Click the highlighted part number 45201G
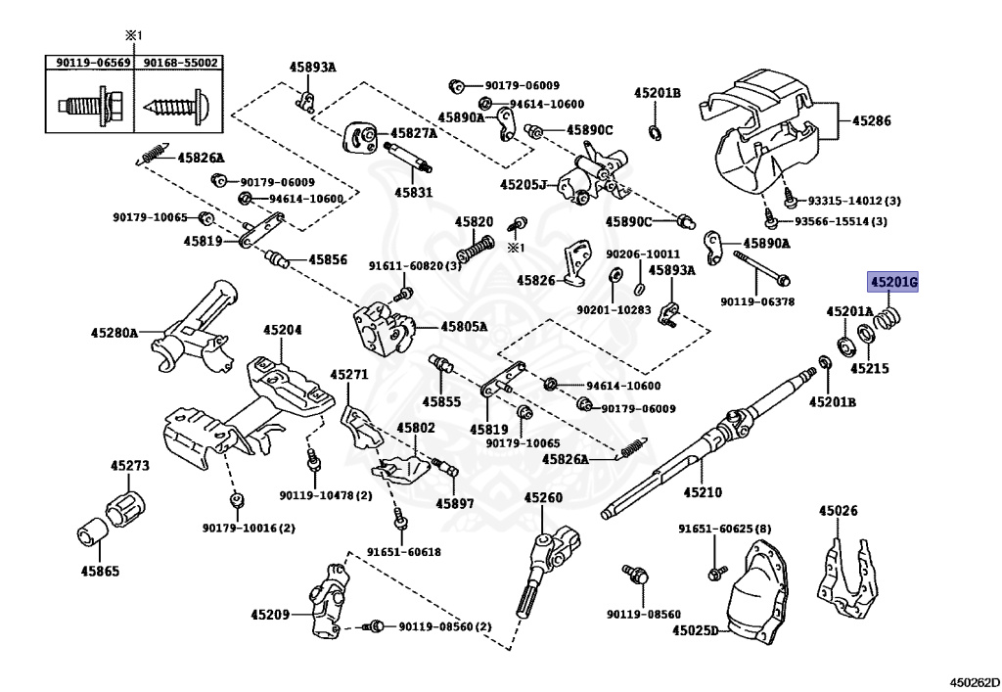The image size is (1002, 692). [x=892, y=282]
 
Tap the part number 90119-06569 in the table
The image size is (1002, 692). [x=93, y=63]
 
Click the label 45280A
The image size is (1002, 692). [x=114, y=332]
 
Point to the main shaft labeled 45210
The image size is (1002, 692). [x=709, y=440]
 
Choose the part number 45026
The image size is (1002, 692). [x=839, y=510]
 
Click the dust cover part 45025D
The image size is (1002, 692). [x=758, y=590]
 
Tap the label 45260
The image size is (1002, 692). [x=543, y=497]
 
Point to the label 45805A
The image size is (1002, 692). [x=463, y=327]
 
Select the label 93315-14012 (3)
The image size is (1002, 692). [x=853, y=201]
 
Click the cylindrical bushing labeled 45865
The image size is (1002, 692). [x=89, y=532]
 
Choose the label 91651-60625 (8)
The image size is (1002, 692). [x=725, y=530]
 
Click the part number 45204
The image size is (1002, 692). [x=283, y=330]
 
